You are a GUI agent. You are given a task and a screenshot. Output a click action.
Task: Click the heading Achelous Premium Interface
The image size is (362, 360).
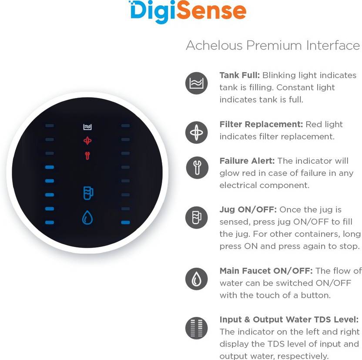point(273,45)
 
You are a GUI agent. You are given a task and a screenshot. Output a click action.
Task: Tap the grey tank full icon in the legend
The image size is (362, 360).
point(197,83)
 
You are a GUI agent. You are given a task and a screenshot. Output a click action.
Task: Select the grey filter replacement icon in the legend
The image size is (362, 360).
point(197,132)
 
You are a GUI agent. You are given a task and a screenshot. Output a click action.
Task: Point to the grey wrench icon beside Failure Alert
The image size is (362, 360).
point(197,168)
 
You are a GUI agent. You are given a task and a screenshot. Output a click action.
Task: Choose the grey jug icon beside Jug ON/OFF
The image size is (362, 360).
point(197,217)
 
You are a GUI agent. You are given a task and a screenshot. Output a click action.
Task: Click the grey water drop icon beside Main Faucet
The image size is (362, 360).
point(197,279)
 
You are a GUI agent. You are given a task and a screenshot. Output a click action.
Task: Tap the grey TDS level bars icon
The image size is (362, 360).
point(197,328)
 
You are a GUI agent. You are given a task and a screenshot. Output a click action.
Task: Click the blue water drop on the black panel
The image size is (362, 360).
point(87,217)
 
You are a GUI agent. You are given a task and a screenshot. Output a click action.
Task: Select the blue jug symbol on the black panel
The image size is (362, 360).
point(88,193)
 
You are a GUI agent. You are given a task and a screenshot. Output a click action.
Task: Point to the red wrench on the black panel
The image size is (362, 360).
point(87,156)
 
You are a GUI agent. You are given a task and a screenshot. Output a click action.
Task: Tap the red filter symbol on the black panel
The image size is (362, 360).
point(87,141)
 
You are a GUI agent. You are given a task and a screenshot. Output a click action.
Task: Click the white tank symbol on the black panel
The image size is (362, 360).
point(87,127)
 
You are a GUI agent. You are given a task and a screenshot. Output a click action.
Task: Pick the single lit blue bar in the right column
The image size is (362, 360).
point(126,222)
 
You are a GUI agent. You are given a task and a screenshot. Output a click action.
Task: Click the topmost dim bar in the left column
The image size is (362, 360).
point(50,126)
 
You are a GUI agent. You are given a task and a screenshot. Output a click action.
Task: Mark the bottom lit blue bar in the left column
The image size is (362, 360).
point(50,222)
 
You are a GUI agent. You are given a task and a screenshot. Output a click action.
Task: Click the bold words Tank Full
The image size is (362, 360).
point(240,75)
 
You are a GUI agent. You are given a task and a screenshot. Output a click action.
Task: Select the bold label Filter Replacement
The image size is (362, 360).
point(261,124)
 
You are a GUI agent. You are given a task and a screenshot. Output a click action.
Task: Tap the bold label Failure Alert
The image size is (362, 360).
point(247,161)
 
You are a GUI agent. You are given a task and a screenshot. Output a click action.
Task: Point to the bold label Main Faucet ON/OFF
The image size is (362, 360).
point(266,271)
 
